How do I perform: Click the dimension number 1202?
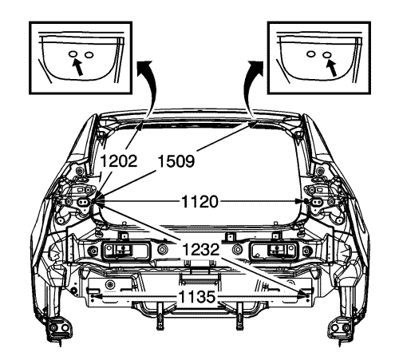pos(119,161)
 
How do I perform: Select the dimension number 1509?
pos(176,161)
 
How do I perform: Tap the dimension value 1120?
pos(199,201)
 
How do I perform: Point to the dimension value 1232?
pos(200,250)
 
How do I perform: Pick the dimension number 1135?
pos(196,297)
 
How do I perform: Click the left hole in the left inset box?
pos(73,53)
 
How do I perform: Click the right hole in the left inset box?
pos(89,54)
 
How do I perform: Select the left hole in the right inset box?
pos(310,53)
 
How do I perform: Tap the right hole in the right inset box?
pos(327,54)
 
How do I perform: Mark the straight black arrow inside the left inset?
pos(77,67)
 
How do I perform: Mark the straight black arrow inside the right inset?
pos(332,68)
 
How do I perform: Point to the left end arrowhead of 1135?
pos(95,296)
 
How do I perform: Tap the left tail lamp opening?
pos(125,251)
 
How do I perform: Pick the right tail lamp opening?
pos(275,251)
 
